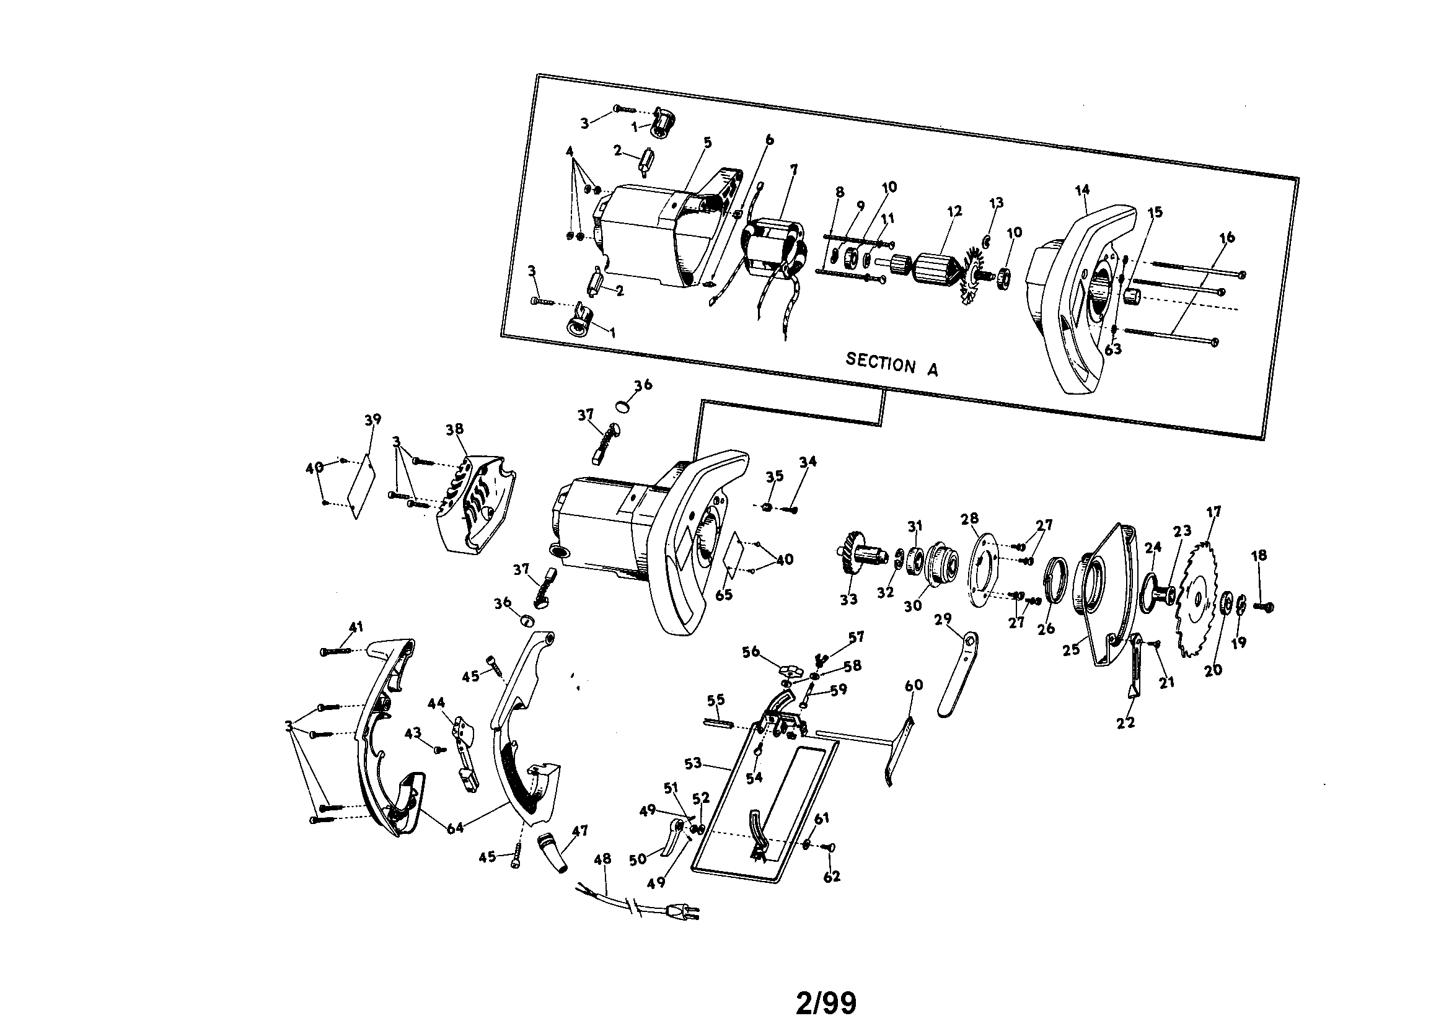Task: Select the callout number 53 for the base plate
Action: pyautogui.click(x=693, y=763)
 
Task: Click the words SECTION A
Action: pyautogui.click(x=891, y=364)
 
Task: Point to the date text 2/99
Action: pyautogui.click(x=826, y=1002)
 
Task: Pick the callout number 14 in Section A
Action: pyautogui.click(x=1083, y=190)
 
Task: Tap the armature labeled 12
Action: pyautogui.click(x=932, y=269)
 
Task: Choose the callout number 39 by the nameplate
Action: pyautogui.click(x=372, y=419)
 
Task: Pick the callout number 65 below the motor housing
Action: pyautogui.click(x=724, y=594)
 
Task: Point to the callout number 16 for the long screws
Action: pyautogui.click(x=1227, y=238)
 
